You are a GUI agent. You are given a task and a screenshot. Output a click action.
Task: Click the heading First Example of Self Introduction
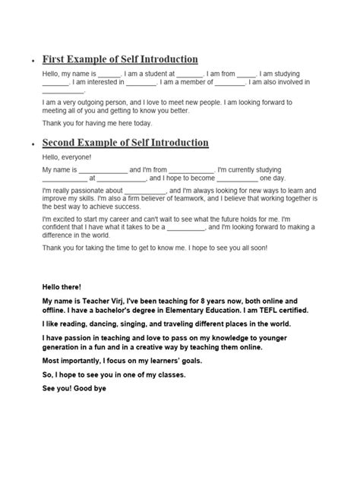pos(120,59)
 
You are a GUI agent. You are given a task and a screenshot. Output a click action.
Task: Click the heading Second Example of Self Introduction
pos(125,143)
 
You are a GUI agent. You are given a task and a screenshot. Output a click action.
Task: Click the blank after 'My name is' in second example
pos(104,169)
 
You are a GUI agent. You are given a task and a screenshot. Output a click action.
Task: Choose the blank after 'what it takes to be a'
pos(186,226)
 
